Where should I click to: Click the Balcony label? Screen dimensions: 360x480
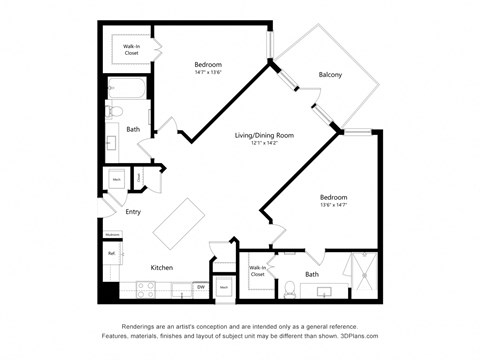click(x=330, y=75)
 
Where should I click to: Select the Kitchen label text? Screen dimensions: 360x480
click(x=162, y=268)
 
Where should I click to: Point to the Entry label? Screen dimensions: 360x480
click(x=133, y=212)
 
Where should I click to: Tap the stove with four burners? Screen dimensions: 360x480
click(x=145, y=291)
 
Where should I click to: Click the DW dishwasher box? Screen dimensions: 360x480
click(x=200, y=288)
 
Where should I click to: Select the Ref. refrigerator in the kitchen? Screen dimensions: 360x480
click(x=111, y=254)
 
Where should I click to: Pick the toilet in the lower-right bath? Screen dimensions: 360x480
click(x=288, y=291)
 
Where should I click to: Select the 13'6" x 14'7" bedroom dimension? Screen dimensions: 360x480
click(x=333, y=206)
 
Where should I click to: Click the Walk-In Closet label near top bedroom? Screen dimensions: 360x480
click(x=131, y=49)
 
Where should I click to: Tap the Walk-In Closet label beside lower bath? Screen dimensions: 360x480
click(x=257, y=270)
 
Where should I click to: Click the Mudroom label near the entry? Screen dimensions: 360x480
click(x=112, y=234)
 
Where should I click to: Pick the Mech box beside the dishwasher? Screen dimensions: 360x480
click(x=224, y=288)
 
